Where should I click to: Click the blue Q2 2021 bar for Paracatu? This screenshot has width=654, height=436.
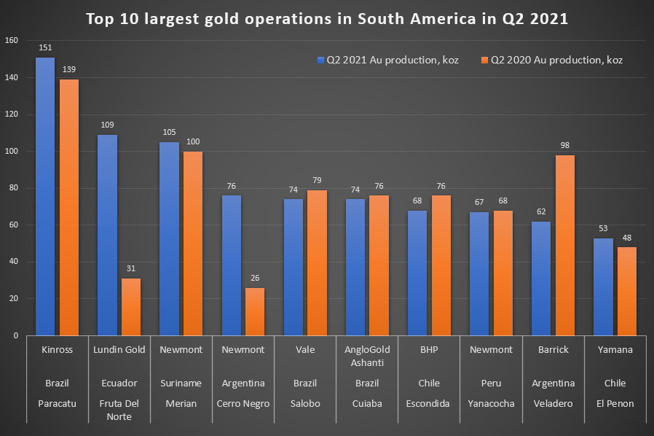point(45,197)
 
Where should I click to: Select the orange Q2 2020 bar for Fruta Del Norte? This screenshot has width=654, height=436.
point(131,307)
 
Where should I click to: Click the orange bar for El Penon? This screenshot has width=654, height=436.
point(627,292)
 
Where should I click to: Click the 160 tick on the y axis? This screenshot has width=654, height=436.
point(12,41)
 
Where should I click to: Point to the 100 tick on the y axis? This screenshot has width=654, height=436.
point(12,152)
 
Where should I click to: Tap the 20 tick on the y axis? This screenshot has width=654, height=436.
point(14,299)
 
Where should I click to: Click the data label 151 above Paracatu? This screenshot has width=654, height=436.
point(45,47)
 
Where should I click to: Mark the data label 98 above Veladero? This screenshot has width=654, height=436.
point(565,145)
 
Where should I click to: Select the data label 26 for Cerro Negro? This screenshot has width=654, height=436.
point(255,278)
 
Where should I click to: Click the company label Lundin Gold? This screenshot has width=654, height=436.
point(119,350)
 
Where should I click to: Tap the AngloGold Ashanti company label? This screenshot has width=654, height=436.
point(367,356)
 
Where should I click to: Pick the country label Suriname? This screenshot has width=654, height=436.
point(181,383)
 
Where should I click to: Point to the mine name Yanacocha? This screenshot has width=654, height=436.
point(491,403)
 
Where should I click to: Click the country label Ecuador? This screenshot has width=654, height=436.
point(119,383)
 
